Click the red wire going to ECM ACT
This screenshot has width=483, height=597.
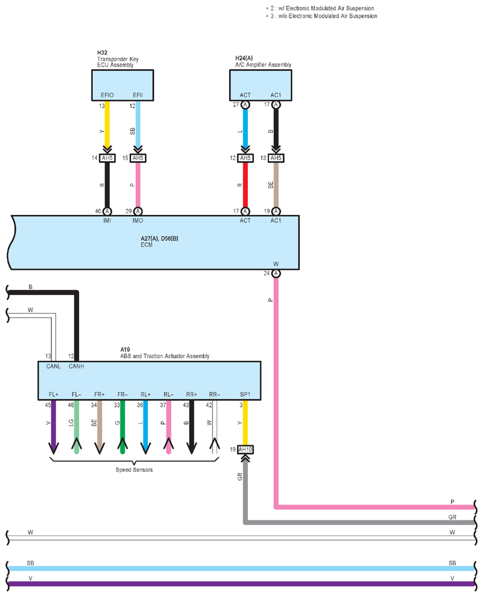(x=246, y=185)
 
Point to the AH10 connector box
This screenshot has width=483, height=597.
(x=246, y=449)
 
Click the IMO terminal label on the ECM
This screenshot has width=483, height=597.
(x=138, y=220)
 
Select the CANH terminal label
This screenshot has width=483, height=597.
(x=76, y=366)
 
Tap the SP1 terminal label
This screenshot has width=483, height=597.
(x=246, y=394)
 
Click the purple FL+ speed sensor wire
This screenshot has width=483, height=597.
(x=54, y=426)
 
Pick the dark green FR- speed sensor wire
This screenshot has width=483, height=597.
(x=123, y=426)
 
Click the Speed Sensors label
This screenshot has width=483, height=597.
(x=134, y=470)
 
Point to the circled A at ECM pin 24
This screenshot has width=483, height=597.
(x=276, y=273)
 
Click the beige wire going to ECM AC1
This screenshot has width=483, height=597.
(x=276, y=185)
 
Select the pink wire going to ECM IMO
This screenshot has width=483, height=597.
(x=138, y=185)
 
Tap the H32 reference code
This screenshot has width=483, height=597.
(x=102, y=53)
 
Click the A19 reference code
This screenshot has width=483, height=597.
(x=125, y=350)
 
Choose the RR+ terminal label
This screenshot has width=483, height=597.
(x=191, y=394)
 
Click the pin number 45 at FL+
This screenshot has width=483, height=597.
(x=48, y=405)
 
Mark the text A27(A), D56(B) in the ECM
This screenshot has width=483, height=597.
(x=159, y=239)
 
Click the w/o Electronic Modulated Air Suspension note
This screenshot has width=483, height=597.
(x=328, y=16)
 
